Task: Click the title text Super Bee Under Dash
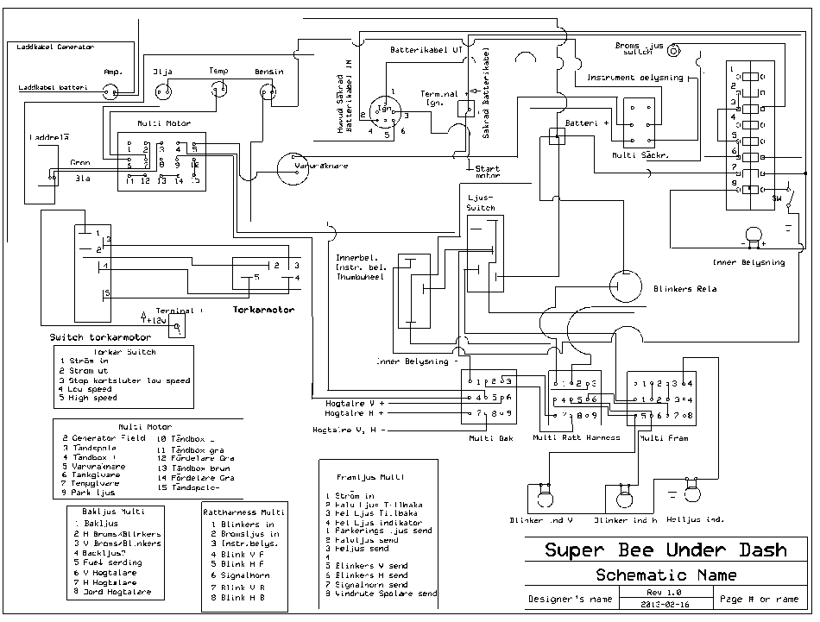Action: tap(665, 550)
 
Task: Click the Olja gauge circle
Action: tap(163, 87)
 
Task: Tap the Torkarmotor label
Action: tap(263, 309)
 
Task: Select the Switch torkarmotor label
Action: tap(100, 337)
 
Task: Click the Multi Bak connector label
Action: tap(490, 437)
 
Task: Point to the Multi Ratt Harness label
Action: tap(577, 437)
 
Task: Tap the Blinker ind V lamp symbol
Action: tap(542, 495)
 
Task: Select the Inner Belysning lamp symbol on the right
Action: tap(754, 235)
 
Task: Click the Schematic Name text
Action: tap(665, 575)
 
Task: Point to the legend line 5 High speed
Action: tap(88, 399)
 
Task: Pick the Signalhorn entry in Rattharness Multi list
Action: tap(245, 575)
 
